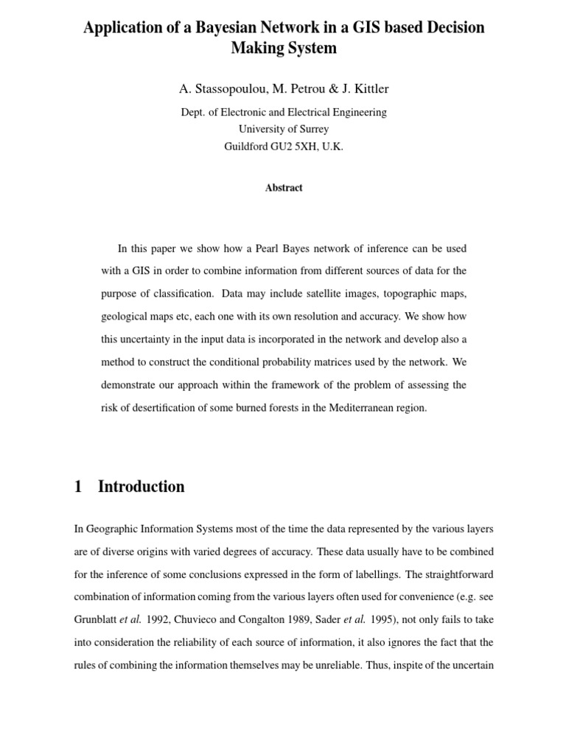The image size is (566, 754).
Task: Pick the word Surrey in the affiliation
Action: [314, 130]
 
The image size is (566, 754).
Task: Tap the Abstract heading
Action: [284, 188]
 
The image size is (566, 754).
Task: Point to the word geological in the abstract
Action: [124, 317]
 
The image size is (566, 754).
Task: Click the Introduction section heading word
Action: [141, 487]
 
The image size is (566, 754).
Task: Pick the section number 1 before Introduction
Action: [78, 487]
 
